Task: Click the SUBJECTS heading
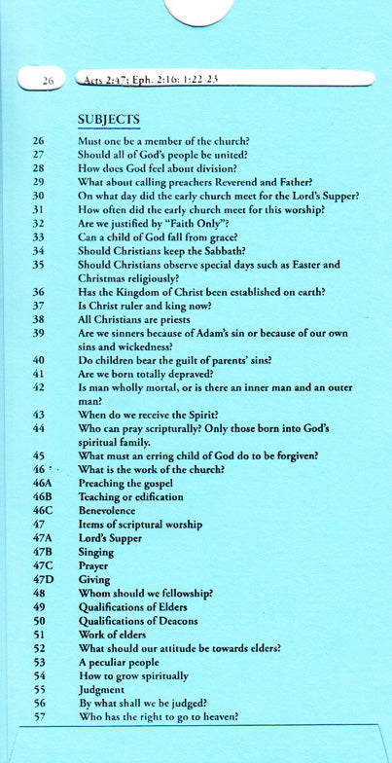click(x=109, y=120)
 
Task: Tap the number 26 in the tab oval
click(x=46, y=82)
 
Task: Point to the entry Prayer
click(x=93, y=565)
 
